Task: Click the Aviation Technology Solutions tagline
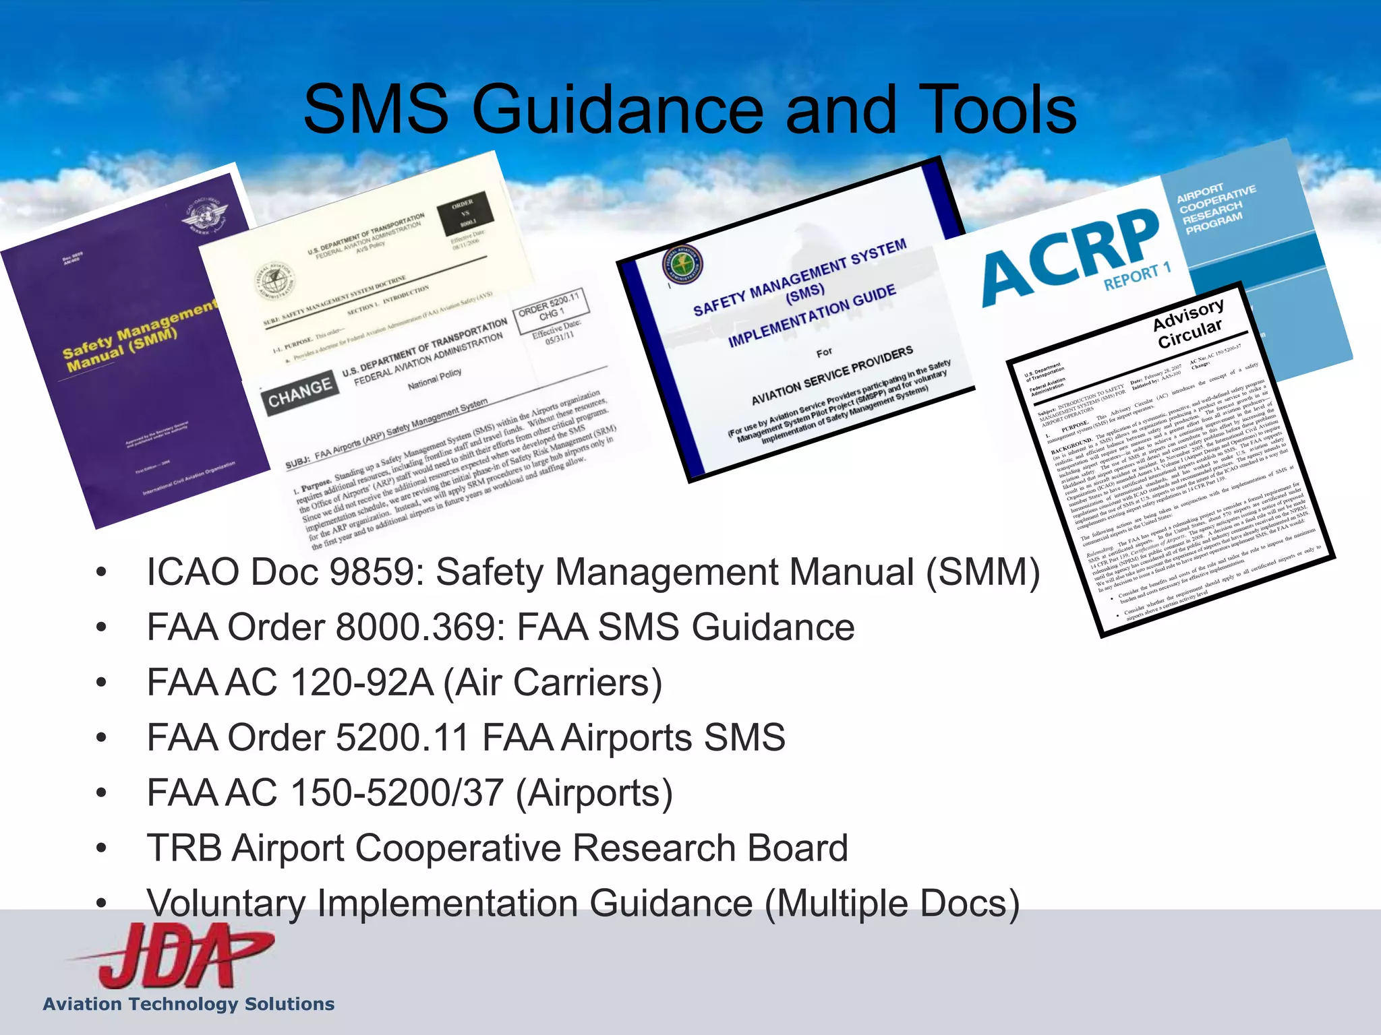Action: tap(189, 1004)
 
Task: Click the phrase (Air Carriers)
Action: tap(553, 683)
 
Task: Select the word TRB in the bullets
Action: tap(184, 848)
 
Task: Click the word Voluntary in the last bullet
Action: tap(227, 904)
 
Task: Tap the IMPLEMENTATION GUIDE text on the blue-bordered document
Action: tap(812, 315)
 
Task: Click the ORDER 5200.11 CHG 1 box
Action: tap(550, 310)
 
